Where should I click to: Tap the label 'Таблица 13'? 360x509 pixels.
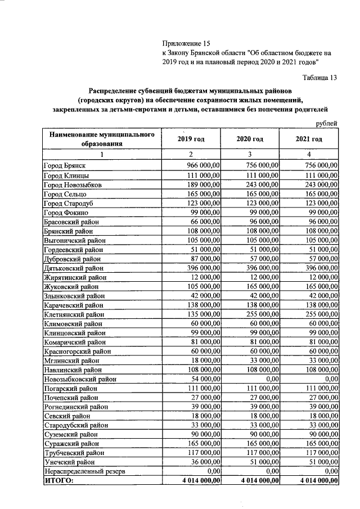[x=318, y=78]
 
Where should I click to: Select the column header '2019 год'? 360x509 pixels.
[x=191, y=139]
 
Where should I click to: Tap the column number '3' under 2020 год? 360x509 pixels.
[x=250, y=154]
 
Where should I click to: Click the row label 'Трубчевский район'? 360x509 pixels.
[x=73, y=451]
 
